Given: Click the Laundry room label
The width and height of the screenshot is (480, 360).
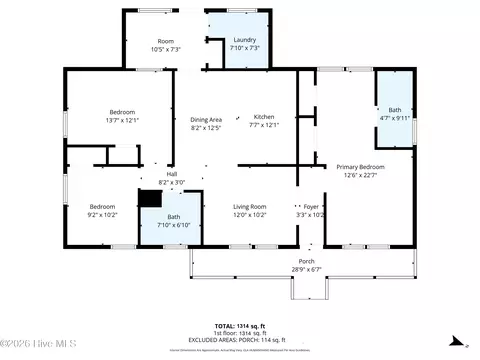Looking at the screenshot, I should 244,40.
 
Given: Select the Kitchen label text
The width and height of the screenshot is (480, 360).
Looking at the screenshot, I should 263,116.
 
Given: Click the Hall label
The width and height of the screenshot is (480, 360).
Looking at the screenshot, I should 158,174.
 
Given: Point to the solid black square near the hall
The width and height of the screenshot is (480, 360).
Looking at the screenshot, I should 146,199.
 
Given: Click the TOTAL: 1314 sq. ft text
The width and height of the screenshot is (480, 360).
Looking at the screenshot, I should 240,327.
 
